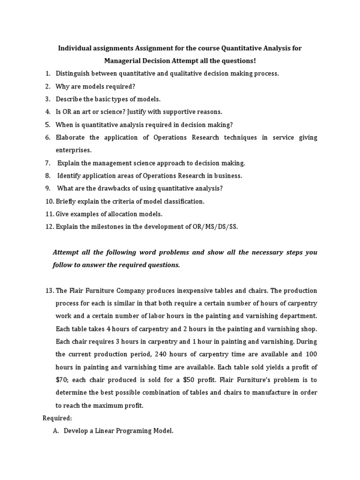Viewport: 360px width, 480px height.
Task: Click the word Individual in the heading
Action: click(x=75, y=48)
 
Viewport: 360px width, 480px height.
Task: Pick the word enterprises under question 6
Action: click(x=74, y=150)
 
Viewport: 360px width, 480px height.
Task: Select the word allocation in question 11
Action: click(x=120, y=214)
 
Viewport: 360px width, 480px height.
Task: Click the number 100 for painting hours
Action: click(x=309, y=354)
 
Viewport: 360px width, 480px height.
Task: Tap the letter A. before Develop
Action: click(x=56, y=431)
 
